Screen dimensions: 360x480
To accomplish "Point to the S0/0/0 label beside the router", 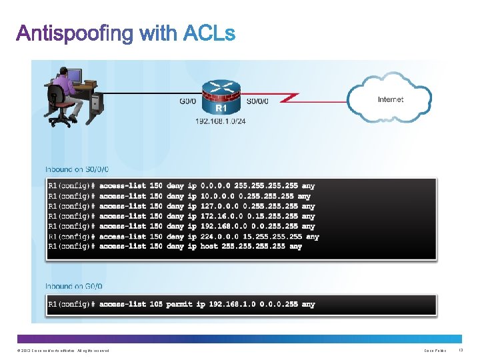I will (259, 102).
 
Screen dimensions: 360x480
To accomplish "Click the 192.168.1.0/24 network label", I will (220, 121).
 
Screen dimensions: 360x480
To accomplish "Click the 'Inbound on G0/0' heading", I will (74, 286).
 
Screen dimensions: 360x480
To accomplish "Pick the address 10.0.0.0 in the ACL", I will (218, 196).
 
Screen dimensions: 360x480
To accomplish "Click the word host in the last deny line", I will (209, 246).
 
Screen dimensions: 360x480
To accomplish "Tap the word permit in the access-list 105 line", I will (185, 304).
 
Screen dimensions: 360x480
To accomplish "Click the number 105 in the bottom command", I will (156, 304).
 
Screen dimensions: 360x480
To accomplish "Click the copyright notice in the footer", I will (60, 351).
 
